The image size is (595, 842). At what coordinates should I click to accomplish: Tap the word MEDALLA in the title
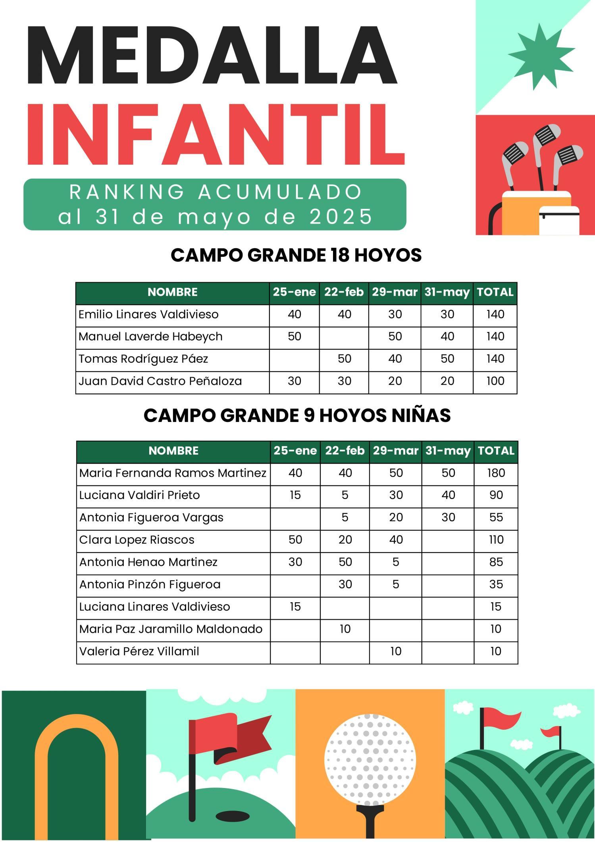click(x=212, y=54)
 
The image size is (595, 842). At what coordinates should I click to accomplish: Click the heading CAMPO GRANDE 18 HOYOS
click(x=296, y=255)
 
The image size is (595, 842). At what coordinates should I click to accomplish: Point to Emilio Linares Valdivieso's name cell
click(x=148, y=314)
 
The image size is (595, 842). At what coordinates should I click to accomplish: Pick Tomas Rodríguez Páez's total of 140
click(x=495, y=359)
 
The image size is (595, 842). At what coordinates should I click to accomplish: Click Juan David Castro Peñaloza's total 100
click(x=495, y=381)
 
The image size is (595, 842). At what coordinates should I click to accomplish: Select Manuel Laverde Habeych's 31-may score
click(x=447, y=337)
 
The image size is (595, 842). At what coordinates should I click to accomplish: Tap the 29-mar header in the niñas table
click(x=395, y=451)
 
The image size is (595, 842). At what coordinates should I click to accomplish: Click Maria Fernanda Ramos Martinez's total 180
click(x=496, y=473)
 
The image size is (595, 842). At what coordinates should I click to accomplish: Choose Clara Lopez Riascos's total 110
click(x=496, y=539)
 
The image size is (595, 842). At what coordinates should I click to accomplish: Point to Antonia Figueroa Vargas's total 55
click(x=496, y=517)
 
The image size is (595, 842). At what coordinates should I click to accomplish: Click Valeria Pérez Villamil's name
click(x=139, y=651)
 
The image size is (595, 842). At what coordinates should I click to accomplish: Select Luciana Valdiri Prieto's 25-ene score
click(x=295, y=495)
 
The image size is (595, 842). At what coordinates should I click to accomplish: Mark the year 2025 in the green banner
click(x=341, y=217)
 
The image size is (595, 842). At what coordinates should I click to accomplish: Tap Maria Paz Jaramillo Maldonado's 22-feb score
click(x=345, y=629)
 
